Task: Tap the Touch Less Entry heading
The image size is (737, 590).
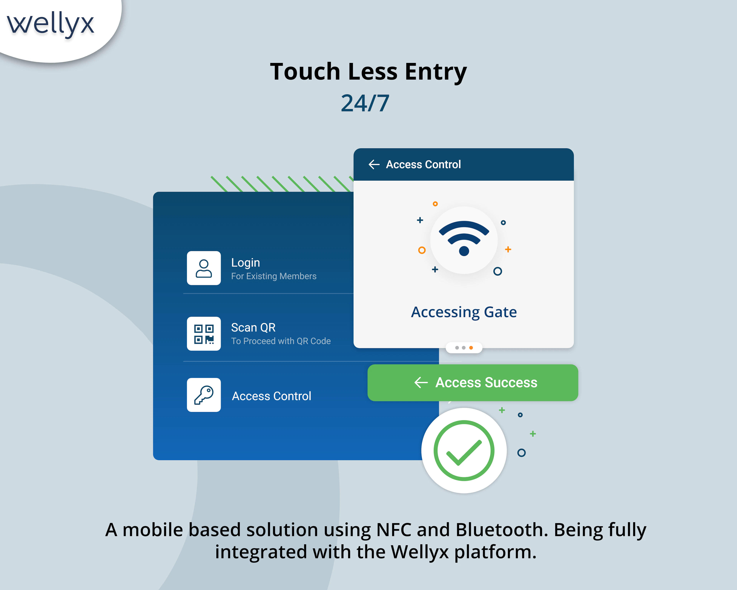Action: pos(368,72)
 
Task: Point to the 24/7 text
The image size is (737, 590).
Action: pos(365,103)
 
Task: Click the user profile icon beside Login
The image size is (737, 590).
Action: pos(204,268)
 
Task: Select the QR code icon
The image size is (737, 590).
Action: pos(204,334)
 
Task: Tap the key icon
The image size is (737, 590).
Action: pos(204,395)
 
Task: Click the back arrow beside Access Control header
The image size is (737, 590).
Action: pos(374,165)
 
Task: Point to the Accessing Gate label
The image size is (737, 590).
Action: pos(464,312)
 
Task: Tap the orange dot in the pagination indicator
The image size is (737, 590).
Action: pos(471,348)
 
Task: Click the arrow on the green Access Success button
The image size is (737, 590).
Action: pos(421,382)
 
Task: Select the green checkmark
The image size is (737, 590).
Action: pos(464,451)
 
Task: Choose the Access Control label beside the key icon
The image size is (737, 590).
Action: pos(271,396)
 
